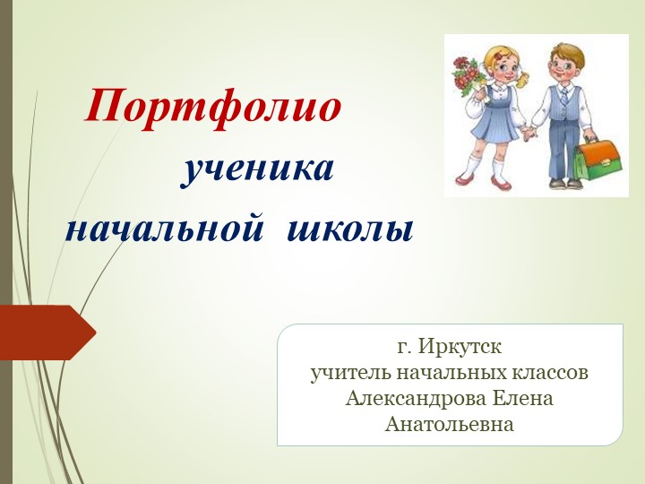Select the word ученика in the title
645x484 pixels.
pos(258,169)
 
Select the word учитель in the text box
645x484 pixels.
pos(345,372)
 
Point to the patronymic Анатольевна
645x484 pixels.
pos(450,424)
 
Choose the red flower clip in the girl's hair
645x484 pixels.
pos(502,50)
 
